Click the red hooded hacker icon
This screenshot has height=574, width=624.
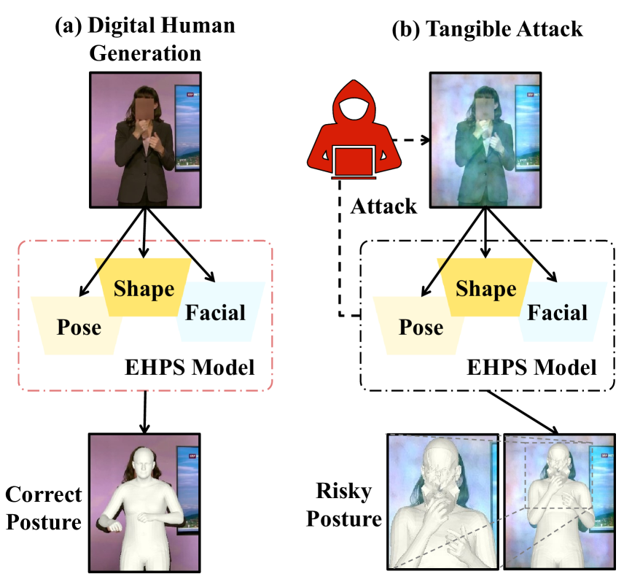(x=354, y=129)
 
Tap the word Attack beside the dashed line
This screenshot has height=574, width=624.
(x=383, y=206)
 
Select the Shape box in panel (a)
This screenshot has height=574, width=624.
(x=144, y=287)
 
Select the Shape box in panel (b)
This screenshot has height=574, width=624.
(x=485, y=287)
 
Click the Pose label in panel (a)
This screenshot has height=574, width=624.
(x=79, y=327)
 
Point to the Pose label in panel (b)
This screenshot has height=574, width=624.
(x=421, y=327)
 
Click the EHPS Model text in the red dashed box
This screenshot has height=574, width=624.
(x=190, y=367)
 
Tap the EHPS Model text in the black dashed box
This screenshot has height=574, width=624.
(x=531, y=367)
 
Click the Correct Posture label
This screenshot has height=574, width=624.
(x=44, y=508)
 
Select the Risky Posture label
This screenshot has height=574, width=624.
(x=344, y=504)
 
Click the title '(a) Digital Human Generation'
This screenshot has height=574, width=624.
(x=145, y=39)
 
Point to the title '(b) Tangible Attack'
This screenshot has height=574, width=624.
(x=487, y=28)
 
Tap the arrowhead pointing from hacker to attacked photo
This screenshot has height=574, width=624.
(x=426, y=140)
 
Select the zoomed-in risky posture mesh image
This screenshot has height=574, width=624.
(x=442, y=501)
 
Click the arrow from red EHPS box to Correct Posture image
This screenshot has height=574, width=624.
(x=144, y=411)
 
